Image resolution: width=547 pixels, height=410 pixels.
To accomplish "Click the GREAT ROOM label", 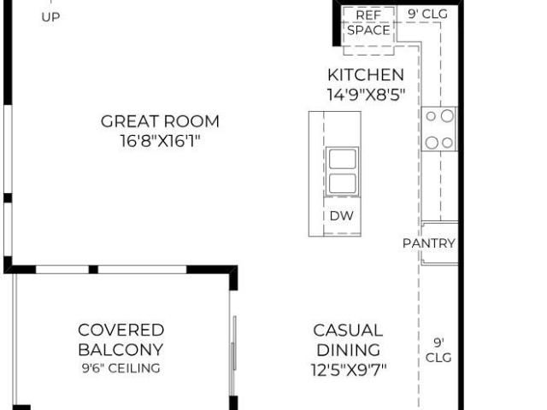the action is [160, 121].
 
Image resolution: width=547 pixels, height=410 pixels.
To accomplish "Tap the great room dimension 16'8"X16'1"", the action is [160, 141].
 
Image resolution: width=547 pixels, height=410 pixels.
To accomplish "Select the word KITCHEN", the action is [366, 75].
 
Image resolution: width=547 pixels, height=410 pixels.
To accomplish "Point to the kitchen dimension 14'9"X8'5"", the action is [366, 95].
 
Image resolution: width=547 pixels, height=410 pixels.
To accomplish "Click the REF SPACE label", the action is [368, 23].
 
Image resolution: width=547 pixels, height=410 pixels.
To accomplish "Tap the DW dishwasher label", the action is [342, 216].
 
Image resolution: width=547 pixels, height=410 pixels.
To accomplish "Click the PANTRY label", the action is [429, 243].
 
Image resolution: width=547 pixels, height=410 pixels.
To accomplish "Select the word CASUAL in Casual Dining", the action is [348, 331].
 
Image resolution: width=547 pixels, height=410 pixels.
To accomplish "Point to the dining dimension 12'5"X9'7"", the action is [349, 370].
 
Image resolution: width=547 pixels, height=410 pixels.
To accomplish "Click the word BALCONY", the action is [121, 349].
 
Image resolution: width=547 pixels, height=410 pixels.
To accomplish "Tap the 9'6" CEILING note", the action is [121, 368].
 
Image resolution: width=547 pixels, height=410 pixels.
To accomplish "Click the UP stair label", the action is [50, 17].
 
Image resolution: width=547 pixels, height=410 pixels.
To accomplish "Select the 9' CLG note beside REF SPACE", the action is [427, 14].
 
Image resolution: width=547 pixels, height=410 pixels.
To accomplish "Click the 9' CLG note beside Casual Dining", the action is [438, 350].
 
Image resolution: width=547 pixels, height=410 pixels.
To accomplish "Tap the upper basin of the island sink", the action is [343, 159].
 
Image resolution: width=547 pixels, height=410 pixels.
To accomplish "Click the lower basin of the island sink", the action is [343, 183].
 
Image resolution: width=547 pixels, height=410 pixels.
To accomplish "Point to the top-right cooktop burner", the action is [447, 116].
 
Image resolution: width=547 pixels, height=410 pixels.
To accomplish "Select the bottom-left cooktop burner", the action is [432, 143].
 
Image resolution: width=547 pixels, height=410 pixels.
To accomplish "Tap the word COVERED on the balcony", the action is [121, 331].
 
